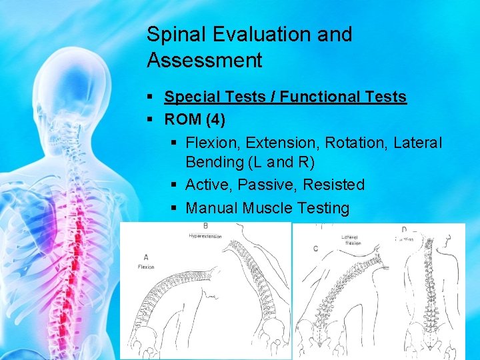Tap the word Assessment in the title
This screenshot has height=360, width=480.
point(204,61)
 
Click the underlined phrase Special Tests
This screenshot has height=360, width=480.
point(217,97)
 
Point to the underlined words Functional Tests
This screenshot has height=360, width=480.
point(343,97)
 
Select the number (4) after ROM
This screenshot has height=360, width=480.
point(215,120)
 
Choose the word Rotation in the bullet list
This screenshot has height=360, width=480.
point(363,143)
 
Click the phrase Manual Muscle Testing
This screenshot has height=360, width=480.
point(267,208)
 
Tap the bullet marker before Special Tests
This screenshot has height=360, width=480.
point(151,97)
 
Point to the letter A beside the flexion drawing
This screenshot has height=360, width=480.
point(146,257)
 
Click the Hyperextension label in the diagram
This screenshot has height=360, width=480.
point(205,236)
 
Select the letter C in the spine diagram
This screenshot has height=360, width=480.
point(315,249)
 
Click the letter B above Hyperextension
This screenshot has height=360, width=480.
point(205,227)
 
